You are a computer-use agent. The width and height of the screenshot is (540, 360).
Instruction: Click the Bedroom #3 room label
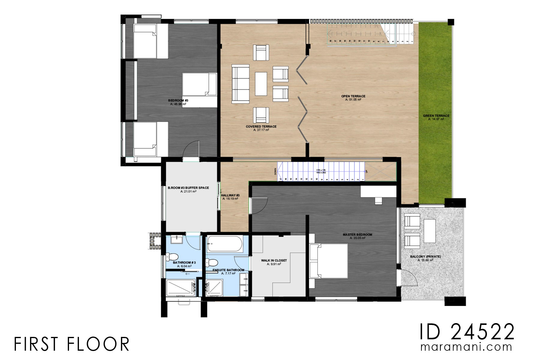tap(178, 100)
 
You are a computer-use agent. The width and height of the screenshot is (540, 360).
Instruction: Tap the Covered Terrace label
tap(261, 127)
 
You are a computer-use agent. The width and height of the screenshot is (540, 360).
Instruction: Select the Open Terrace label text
tap(353, 96)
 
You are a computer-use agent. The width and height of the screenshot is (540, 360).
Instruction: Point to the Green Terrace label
tap(436, 116)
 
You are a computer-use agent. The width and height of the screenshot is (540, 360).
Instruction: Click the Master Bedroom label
tap(357, 235)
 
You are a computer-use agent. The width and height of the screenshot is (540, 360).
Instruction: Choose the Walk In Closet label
tap(274, 260)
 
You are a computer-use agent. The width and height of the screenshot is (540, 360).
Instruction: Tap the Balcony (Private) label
tap(425, 256)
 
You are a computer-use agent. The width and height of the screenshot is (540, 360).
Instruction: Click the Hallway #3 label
tap(230, 195)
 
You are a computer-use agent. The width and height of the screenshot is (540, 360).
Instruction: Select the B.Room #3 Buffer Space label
tap(188, 188)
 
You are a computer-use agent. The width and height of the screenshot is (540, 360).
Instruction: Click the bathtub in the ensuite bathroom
tap(225, 244)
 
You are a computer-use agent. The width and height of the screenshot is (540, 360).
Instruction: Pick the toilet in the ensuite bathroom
tap(212, 262)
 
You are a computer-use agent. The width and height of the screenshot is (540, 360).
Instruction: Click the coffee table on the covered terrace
tap(261, 84)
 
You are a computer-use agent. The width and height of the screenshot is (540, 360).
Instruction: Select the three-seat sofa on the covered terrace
tap(240, 84)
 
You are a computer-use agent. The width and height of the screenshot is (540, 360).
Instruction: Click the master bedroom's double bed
tap(329, 261)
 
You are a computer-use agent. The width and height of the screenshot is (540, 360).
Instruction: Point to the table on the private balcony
tap(429, 231)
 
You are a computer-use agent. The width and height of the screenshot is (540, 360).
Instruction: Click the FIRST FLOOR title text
tap(71, 344)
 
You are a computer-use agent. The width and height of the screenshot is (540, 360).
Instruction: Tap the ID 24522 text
tap(466, 332)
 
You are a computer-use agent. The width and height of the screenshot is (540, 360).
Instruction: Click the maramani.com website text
tap(466, 347)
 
